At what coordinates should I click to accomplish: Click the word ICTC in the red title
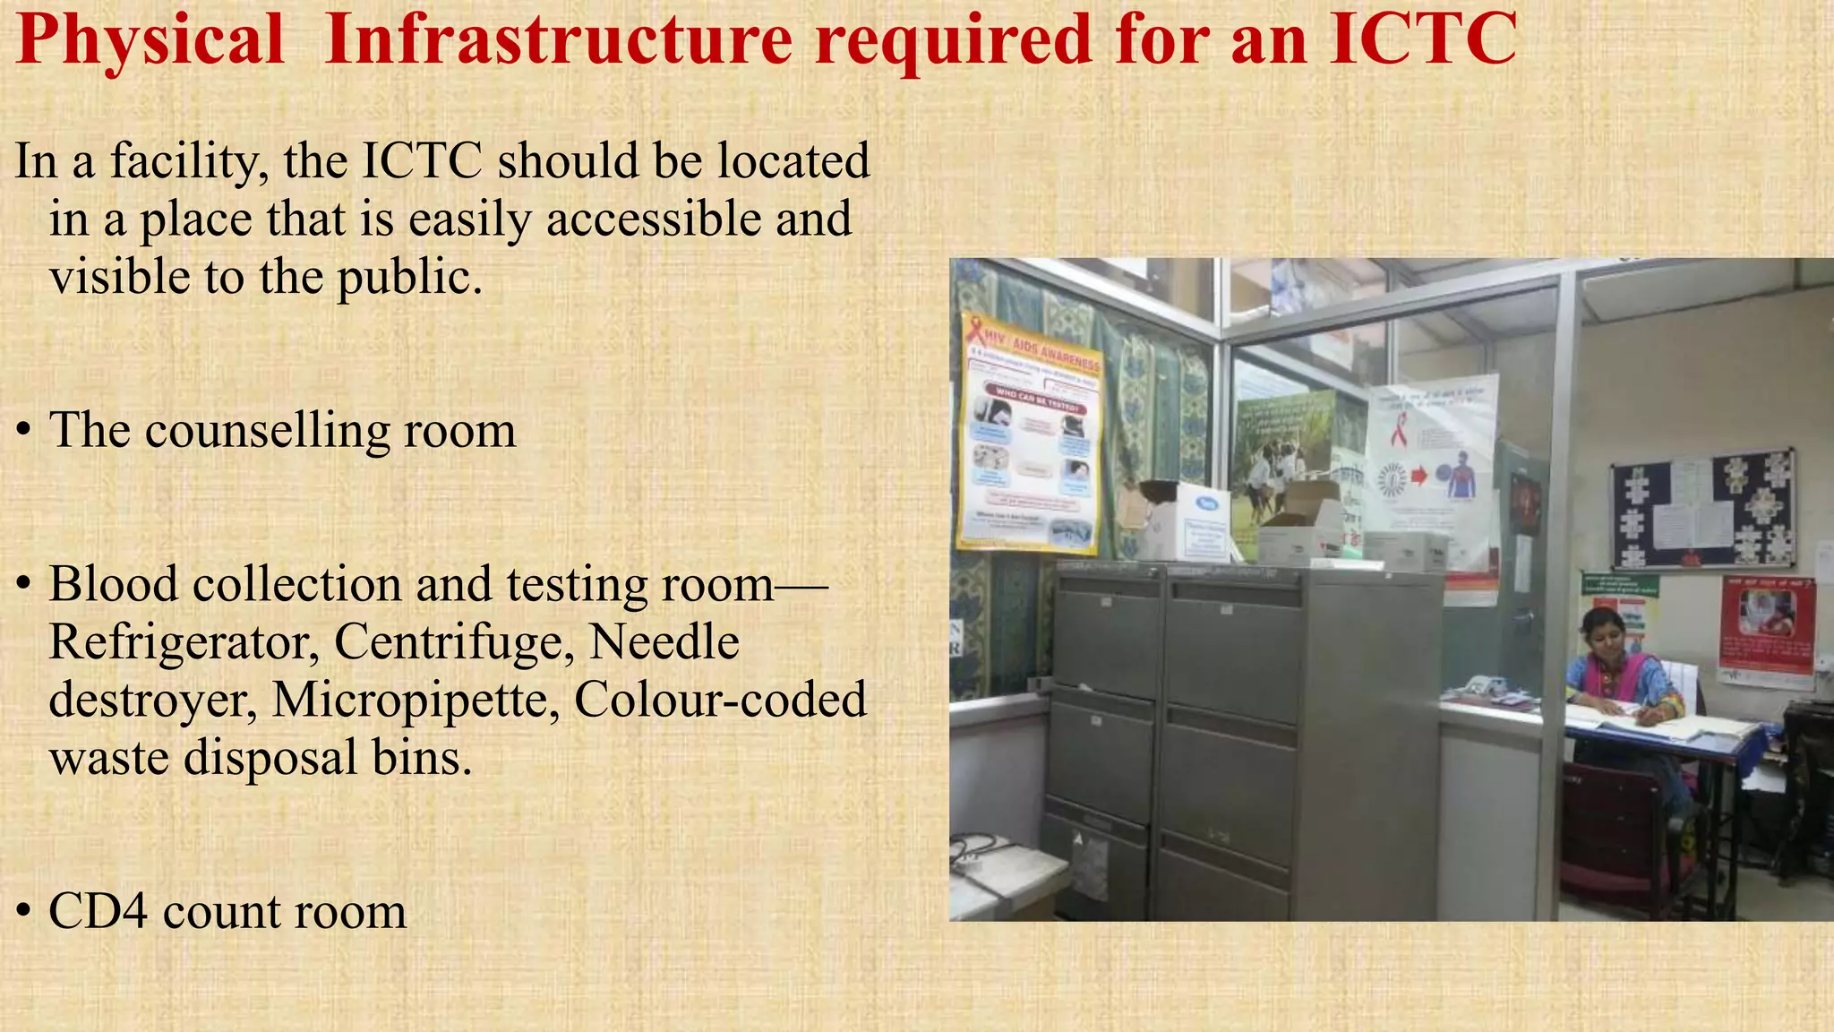pos(1422,39)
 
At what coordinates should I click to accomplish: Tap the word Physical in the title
pos(150,41)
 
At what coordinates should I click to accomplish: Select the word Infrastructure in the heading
pos(558,39)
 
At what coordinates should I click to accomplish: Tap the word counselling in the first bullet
pos(267,430)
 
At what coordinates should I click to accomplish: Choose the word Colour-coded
pos(720,700)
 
